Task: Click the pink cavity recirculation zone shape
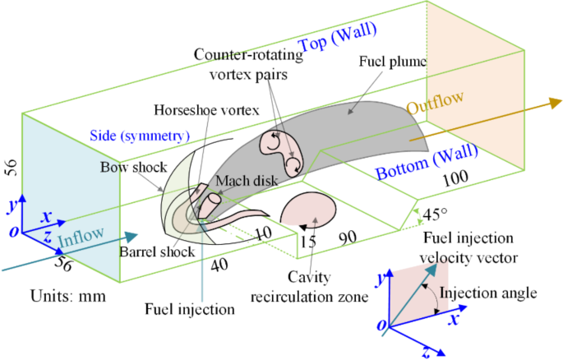tap(311, 208)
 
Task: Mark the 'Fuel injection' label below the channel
tap(190, 310)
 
